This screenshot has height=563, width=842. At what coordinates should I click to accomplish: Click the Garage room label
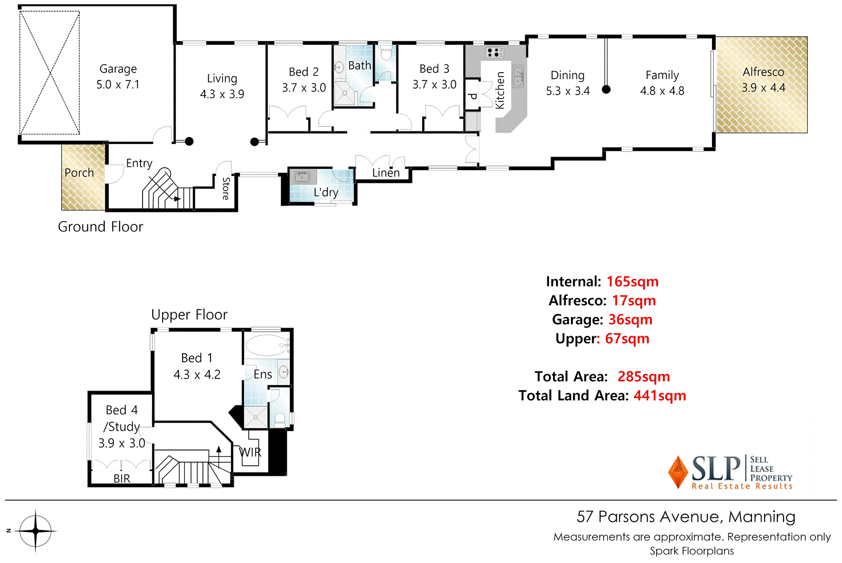[118, 69]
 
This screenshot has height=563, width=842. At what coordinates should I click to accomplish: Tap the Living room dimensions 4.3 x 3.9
[222, 94]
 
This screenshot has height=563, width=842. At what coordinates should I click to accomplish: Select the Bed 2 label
[304, 72]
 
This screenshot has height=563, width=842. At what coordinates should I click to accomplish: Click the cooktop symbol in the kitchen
[494, 52]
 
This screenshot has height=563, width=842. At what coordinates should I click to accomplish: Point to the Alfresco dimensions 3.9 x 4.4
[763, 88]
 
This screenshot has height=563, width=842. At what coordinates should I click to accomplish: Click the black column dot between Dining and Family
[606, 89]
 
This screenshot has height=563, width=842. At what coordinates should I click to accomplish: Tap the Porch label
[79, 173]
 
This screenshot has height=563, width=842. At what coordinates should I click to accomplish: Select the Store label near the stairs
[226, 188]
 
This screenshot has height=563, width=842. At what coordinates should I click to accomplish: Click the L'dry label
[326, 192]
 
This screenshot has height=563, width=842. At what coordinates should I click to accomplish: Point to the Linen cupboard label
[386, 173]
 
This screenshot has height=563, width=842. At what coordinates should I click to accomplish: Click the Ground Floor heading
[101, 227]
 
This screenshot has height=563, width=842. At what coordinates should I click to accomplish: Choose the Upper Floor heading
[189, 314]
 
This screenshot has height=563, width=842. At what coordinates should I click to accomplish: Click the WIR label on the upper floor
[250, 452]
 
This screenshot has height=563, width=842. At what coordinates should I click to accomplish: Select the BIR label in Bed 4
[122, 478]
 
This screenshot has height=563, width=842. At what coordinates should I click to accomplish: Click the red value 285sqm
[644, 376]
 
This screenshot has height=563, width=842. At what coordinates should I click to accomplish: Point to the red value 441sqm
[659, 395]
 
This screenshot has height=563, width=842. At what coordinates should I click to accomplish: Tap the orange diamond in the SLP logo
[678, 472]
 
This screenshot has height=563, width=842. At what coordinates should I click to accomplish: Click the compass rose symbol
[35, 531]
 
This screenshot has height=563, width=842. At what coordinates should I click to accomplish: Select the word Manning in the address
[761, 517]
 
